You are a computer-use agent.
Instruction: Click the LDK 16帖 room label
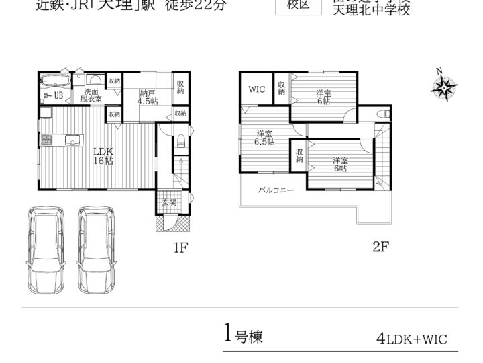click(104, 156)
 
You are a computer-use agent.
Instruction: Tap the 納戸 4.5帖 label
click(148, 97)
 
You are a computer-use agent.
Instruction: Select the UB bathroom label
click(58, 95)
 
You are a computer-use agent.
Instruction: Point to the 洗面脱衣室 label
click(92, 95)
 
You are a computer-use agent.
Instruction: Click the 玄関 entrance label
click(168, 202)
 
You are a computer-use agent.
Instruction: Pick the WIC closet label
click(256, 89)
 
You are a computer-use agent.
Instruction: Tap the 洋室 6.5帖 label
click(264, 138)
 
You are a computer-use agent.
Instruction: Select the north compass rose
click(443, 85)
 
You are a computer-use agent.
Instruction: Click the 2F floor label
click(380, 246)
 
